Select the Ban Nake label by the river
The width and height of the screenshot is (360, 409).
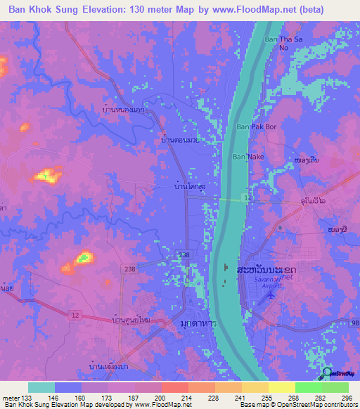[248, 157]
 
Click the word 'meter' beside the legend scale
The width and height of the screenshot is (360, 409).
[11, 397]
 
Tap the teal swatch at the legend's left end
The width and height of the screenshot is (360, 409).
[41, 387]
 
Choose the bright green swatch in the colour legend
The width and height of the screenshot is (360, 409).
[309, 387]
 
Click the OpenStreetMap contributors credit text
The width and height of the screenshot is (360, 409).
[316, 405]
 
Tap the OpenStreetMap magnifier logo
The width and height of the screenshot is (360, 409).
[328, 374]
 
